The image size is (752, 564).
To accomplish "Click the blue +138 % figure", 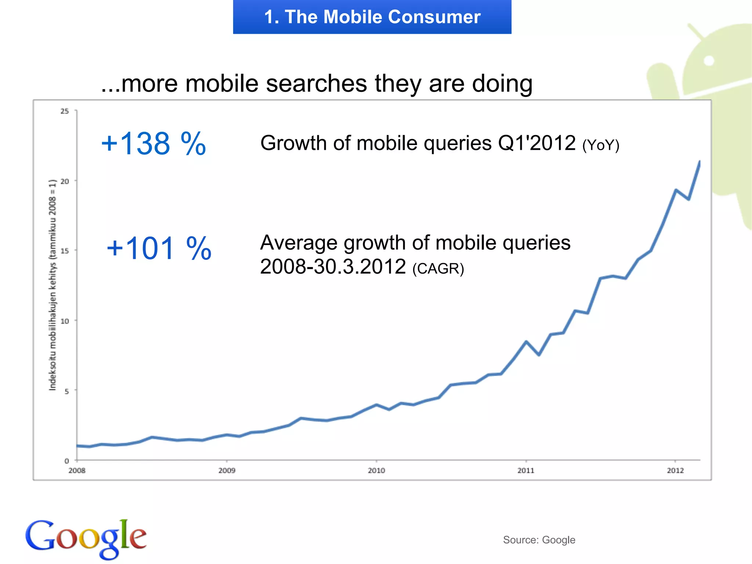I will pos(153,144).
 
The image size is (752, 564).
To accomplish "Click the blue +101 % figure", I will pos(159,249).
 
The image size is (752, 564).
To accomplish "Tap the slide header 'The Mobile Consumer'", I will pos(372,17).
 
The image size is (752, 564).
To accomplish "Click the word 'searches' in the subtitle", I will pos(316,83).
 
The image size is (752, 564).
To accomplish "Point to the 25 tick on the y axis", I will pos(65,111).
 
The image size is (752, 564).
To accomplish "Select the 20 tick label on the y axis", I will pos(65,181).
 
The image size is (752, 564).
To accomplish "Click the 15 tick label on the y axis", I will pos(65,251).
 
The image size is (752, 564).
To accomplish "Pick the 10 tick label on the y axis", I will pos(65,321).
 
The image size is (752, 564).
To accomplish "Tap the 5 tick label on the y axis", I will pos(66,391).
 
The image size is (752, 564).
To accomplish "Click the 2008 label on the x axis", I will pos(77,470).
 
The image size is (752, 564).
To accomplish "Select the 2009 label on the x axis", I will pos(227,470).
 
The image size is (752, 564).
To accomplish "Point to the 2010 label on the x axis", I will pos(376,470).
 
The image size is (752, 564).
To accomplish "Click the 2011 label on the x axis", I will pos(526,470).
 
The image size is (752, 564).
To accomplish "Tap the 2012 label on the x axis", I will pos(675,470).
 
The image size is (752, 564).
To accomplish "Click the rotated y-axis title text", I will pos(53,285).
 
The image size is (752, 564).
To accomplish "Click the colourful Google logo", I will pos(86,538).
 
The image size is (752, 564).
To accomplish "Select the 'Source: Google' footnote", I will pos(539,540).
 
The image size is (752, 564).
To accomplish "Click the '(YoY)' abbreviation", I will pos(601,145).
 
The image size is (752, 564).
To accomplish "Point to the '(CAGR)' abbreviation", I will pos(438,268).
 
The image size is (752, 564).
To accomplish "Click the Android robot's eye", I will pos(709,61).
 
